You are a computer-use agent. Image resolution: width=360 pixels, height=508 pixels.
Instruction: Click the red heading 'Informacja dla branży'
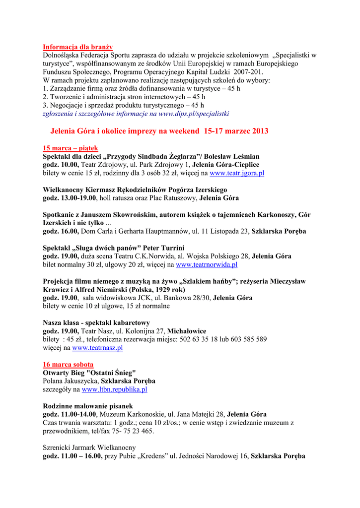(77, 47)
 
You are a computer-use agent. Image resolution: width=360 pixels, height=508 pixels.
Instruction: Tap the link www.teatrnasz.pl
(97, 348)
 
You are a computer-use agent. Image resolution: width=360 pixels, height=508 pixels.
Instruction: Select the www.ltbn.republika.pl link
(114, 389)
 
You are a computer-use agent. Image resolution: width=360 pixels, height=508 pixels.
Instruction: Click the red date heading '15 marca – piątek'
(71, 148)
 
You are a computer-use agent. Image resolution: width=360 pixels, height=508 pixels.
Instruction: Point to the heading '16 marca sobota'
(68, 364)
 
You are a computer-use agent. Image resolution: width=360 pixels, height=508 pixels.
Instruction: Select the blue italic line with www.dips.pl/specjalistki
(136, 114)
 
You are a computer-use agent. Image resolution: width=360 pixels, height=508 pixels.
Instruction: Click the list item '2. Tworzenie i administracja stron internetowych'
(124, 97)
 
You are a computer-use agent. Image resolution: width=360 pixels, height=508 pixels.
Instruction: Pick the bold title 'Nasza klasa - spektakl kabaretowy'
(96, 322)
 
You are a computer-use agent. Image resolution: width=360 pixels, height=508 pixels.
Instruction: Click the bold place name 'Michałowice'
(187, 331)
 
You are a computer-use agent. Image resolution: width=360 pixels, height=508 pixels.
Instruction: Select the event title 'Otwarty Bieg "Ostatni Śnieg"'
(89, 373)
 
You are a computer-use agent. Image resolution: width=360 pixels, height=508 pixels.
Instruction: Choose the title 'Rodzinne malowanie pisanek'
(88, 406)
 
